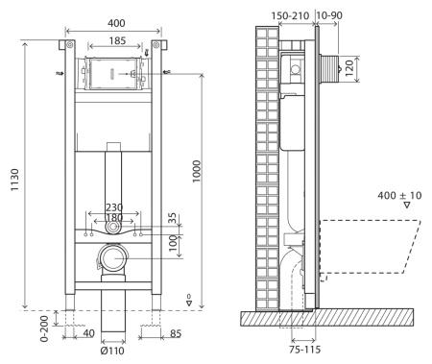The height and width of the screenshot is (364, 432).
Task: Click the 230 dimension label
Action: tap(113, 207)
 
